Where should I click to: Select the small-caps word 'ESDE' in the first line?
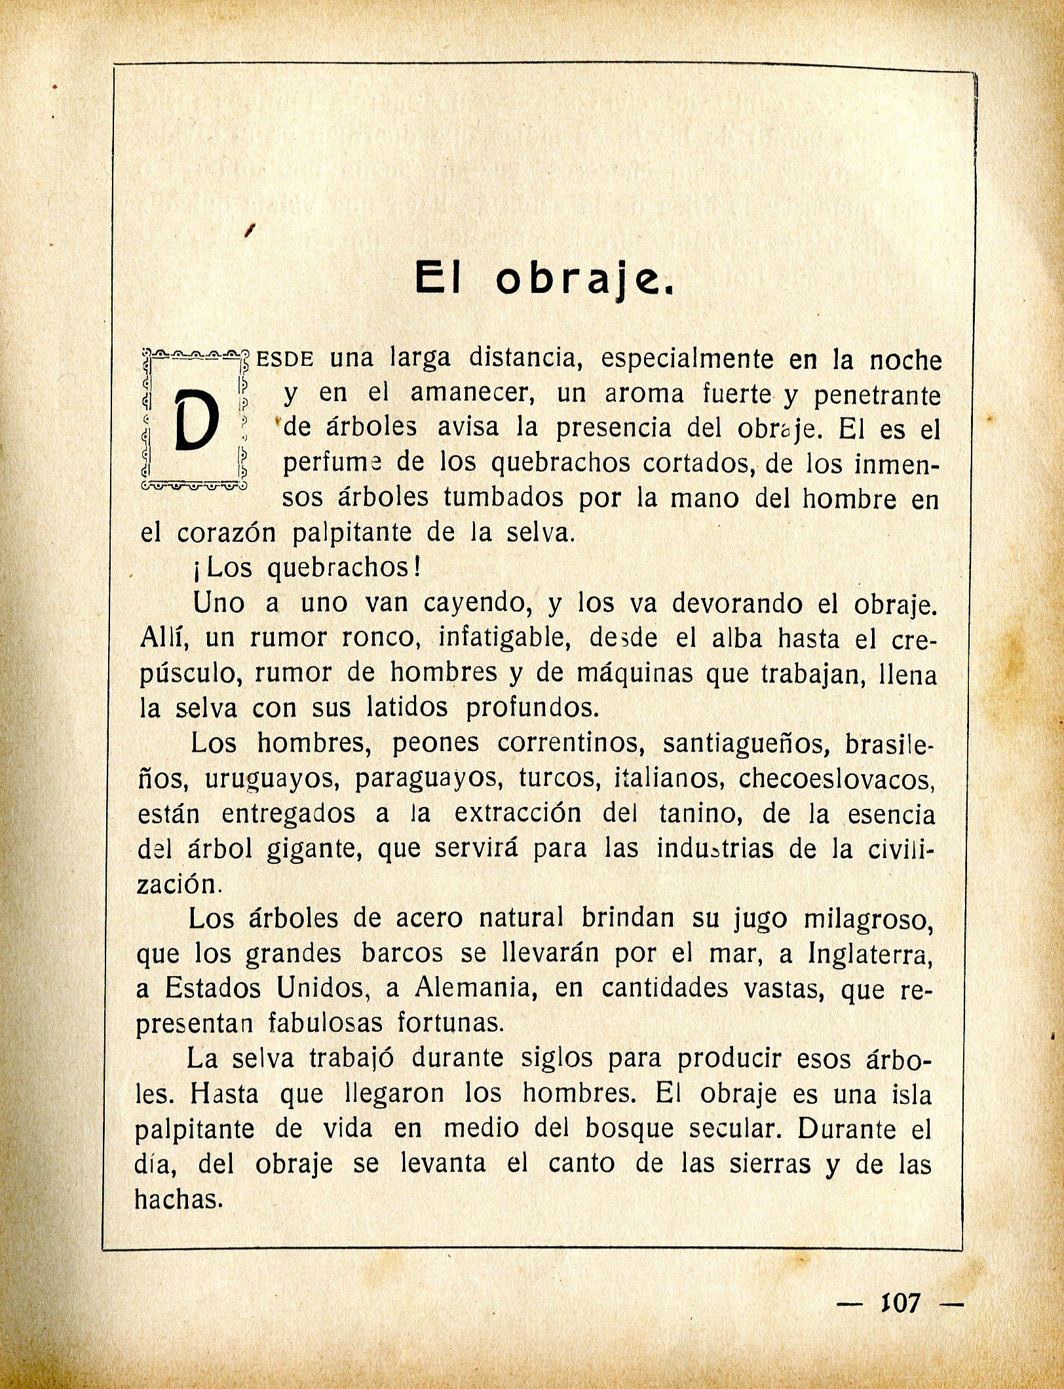[x=286, y=359]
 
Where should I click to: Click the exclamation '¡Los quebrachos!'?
[x=307, y=568]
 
